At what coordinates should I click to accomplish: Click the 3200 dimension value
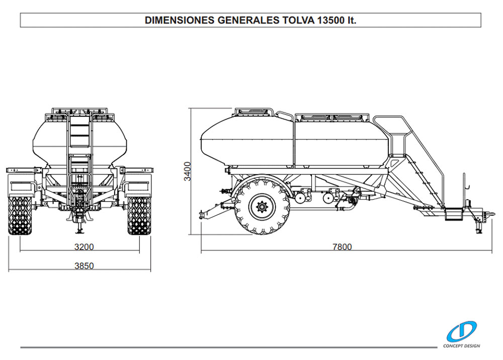click(x=84, y=247)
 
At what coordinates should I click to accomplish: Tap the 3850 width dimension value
click(x=84, y=266)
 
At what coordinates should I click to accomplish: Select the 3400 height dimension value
click(x=187, y=171)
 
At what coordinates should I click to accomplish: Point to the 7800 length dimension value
click(x=342, y=247)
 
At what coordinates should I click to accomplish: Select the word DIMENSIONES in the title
click(x=180, y=20)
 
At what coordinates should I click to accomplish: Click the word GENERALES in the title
click(x=248, y=20)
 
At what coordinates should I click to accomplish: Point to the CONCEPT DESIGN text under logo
click(x=462, y=346)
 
